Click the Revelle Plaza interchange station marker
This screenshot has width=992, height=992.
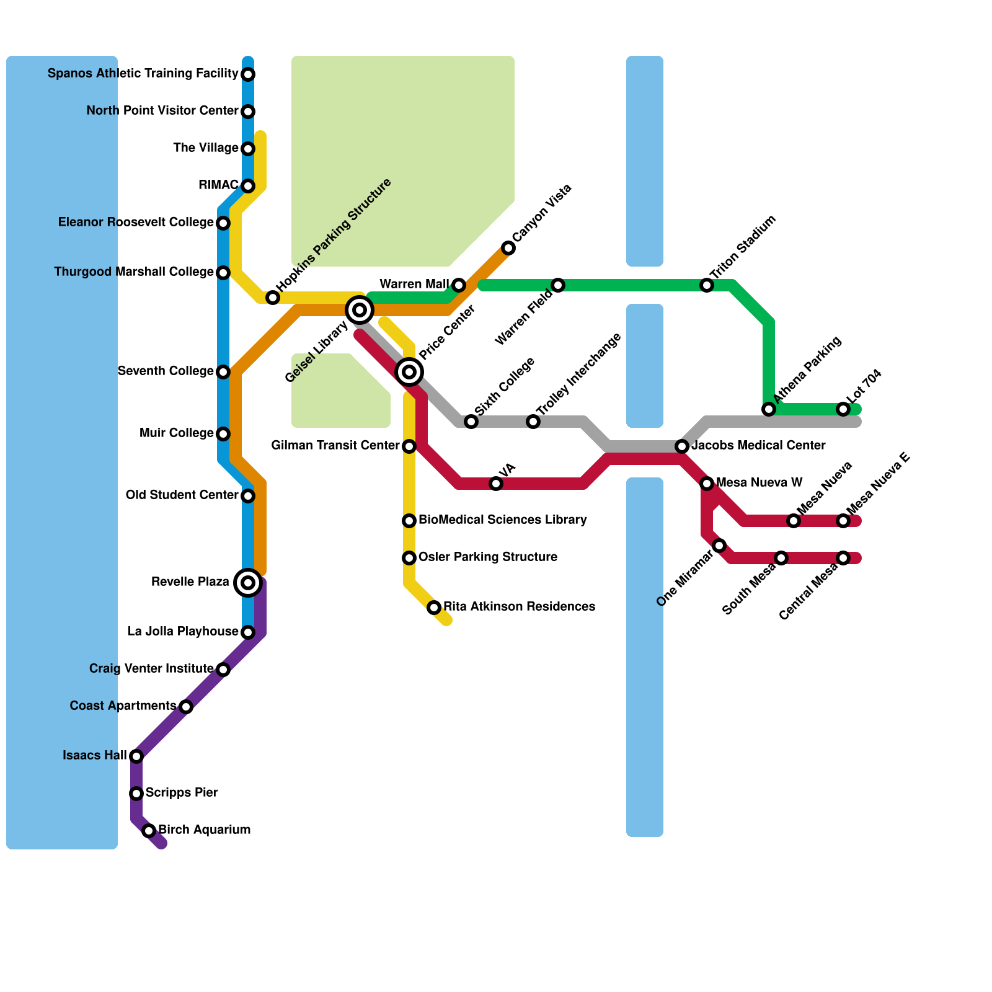coord(248,583)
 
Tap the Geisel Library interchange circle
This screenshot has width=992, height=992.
coord(360,309)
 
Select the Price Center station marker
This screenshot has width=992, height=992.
coord(409,372)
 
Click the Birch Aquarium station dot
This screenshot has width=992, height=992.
coord(149,831)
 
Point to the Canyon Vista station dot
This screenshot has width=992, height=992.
coord(508,248)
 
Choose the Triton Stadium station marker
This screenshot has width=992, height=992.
coord(707,285)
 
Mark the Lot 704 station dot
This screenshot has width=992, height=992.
coord(843,409)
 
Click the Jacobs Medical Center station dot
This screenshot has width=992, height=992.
coord(682,446)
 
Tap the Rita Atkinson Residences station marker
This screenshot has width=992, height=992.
coord(434,608)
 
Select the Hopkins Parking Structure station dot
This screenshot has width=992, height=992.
coord(273,298)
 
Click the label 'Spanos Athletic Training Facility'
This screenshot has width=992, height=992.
coord(143,74)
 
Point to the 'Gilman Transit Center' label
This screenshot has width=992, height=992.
coord(335,446)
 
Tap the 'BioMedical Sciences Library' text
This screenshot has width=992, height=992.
coord(502,520)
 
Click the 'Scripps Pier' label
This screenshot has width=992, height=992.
coord(182,793)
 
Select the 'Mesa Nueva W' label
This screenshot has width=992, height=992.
coord(759,483)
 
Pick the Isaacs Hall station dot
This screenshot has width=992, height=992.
coord(136,756)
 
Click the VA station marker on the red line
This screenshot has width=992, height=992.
coord(496,484)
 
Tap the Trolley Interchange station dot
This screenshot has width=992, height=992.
coord(533,422)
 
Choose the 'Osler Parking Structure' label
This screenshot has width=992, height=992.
coord(487,557)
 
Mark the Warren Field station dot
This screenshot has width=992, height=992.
coord(558,285)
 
